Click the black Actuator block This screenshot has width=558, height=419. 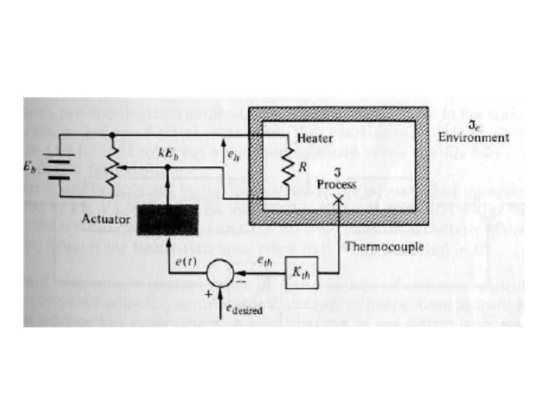(169, 221)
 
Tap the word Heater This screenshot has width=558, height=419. (315, 138)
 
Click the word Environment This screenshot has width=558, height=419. (474, 138)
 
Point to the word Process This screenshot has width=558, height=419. (337, 185)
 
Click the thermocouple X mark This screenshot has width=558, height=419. (337, 200)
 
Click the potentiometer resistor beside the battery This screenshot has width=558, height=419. (113, 166)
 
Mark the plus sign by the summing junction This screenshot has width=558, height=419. (208, 296)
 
